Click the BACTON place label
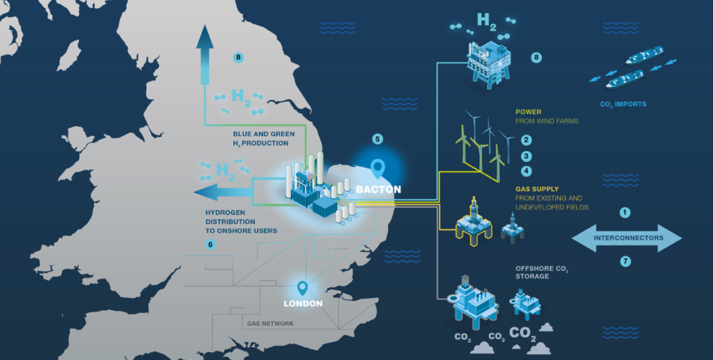point(379,190)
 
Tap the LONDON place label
point(303,304)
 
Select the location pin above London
point(302,289)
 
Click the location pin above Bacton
point(379,169)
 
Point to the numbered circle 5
point(378,138)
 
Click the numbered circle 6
point(210,245)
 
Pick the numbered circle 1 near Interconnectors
point(625,212)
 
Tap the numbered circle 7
point(625,262)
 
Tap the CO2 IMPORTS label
point(624,104)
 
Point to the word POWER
point(528,112)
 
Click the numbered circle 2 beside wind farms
point(526,141)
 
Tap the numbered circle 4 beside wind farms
point(526,171)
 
